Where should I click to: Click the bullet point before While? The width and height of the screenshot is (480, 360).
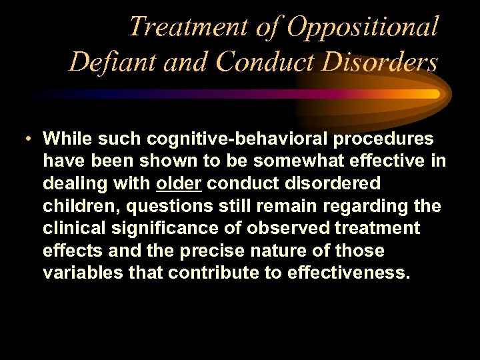click(x=23, y=139)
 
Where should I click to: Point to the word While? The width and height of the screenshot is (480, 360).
click(x=67, y=139)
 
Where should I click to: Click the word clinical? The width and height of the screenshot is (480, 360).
click(x=71, y=228)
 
